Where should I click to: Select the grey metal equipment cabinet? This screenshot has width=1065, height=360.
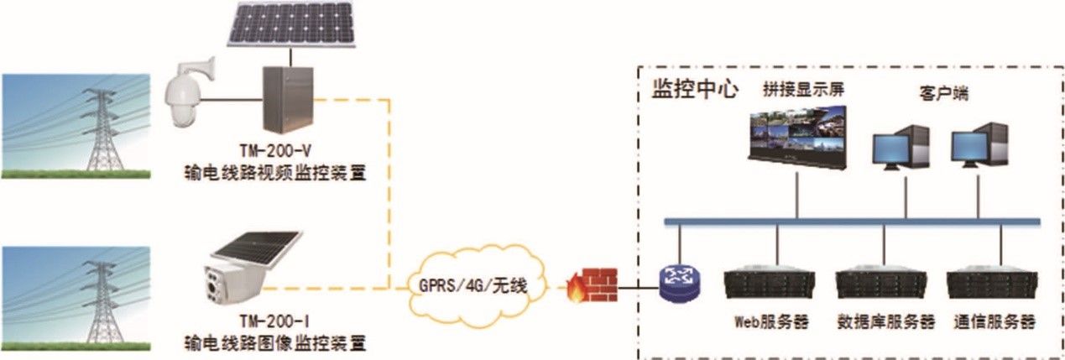tap(287, 98)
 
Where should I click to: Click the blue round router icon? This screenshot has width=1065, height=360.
tap(679, 283)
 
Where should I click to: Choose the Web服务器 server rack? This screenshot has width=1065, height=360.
tap(770, 285)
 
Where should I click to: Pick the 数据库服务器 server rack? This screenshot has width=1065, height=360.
tap(884, 285)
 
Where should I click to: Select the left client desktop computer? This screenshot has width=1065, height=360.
tap(900, 150)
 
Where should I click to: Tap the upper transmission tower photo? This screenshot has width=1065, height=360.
tap(76, 126)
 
